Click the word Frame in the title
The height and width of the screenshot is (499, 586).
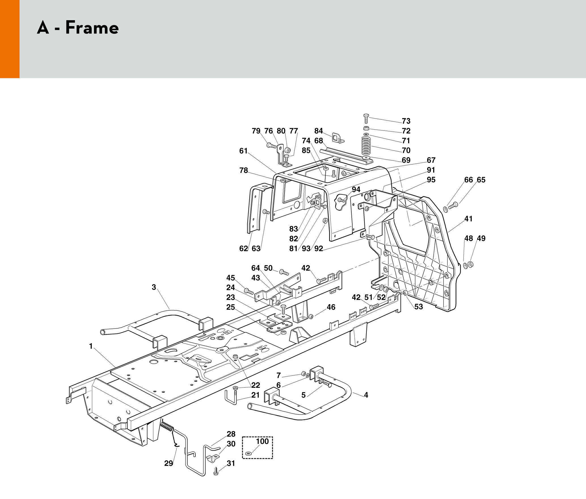click(x=92, y=28)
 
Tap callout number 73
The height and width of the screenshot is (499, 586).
click(x=406, y=121)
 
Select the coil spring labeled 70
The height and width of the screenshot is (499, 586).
click(x=366, y=146)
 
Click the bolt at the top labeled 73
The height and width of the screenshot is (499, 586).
click(x=366, y=119)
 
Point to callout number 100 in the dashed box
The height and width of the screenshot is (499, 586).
click(x=262, y=441)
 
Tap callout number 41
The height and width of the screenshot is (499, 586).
click(x=468, y=219)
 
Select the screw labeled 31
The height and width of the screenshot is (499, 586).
click(x=216, y=471)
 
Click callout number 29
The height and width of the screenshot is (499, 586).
click(x=168, y=463)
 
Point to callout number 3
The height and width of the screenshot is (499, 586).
click(x=154, y=287)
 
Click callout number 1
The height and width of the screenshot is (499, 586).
click(x=91, y=346)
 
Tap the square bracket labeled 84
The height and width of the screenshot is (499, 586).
click(x=338, y=138)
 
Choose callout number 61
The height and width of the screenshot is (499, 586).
click(x=243, y=151)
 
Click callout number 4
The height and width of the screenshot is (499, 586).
click(x=366, y=395)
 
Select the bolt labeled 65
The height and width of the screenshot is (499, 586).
click(x=453, y=206)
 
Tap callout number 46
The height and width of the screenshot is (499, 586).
click(x=331, y=307)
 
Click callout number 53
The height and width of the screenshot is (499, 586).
click(x=419, y=307)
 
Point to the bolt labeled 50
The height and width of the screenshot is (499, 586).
click(x=284, y=272)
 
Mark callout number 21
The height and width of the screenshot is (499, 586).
click(x=256, y=395)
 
